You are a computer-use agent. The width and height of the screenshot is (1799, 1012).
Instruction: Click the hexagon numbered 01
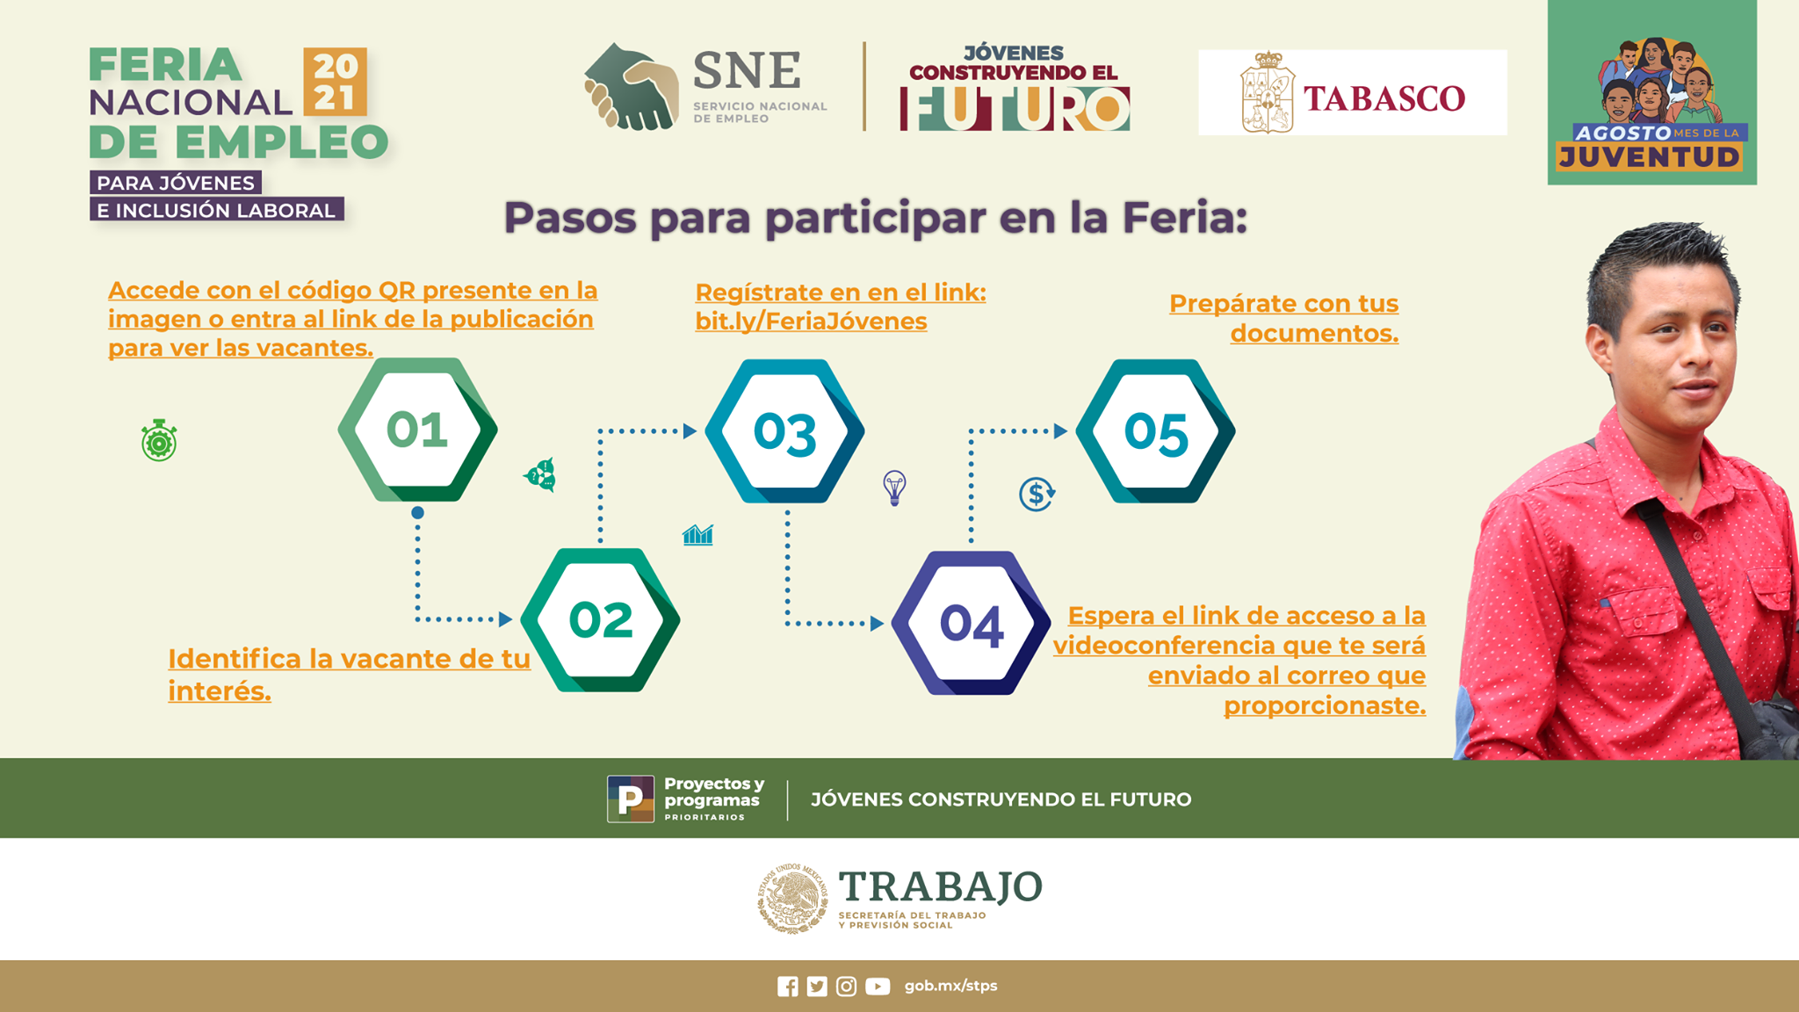(x=417, y=430)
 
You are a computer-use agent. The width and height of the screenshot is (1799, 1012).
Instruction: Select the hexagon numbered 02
(x=600, y=620)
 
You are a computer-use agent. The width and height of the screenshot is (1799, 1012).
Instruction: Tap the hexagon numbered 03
(x=784, y=431)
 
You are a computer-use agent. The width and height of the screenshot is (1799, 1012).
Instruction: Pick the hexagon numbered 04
(x=971, y=623)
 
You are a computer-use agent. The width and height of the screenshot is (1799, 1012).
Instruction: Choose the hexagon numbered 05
(x=1155, y=431)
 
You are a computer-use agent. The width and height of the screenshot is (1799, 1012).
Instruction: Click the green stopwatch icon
(x=159, y=441)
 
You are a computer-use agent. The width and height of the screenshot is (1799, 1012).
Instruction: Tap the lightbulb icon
(x=894, y=488)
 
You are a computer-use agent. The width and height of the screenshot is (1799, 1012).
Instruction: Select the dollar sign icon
(x=1037, y=494)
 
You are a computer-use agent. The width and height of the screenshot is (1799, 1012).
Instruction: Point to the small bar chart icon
(x=697, y=534)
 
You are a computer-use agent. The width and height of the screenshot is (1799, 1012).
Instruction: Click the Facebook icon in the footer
(x=788, y=987)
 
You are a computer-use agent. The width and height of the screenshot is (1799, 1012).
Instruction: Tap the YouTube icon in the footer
(x=877, y=987)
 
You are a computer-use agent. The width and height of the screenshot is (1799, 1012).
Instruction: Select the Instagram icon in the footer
(x=846, y=987)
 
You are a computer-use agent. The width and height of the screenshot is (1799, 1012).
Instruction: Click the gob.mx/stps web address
(x=950, y=986)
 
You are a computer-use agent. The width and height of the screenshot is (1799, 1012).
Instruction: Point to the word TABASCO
(x=1384, y=98)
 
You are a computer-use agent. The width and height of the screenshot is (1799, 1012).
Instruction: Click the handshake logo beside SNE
(x=632, y=88)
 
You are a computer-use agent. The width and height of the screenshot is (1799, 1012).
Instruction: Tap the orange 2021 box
(x=335, y=82)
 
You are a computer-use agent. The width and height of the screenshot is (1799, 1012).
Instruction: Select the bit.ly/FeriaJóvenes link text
(x=811, y=322)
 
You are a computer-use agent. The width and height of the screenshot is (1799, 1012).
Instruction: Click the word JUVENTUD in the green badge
(x=1649, y=157)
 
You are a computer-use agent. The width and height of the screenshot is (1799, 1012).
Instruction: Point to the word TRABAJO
(x=940, y=886)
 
